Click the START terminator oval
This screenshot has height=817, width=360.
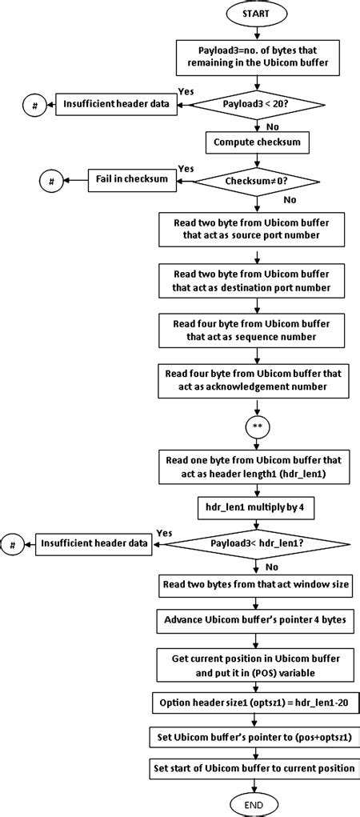(x=256, y=14)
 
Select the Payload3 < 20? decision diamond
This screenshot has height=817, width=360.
(x=255, y=103)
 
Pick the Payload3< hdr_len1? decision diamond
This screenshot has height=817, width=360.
(x=255, y=543)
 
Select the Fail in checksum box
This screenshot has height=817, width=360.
(x=131, y=179)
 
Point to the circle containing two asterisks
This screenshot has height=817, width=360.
(x=255, y=426)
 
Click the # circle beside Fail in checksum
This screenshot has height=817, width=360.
(x=51, y=182)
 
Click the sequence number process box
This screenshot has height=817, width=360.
(x=256, y=330)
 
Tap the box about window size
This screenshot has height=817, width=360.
(x=256, y=583)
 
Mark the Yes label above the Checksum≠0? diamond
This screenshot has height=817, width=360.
(x=186, y=169)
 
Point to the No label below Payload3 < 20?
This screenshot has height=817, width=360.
(x=273, y=126)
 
